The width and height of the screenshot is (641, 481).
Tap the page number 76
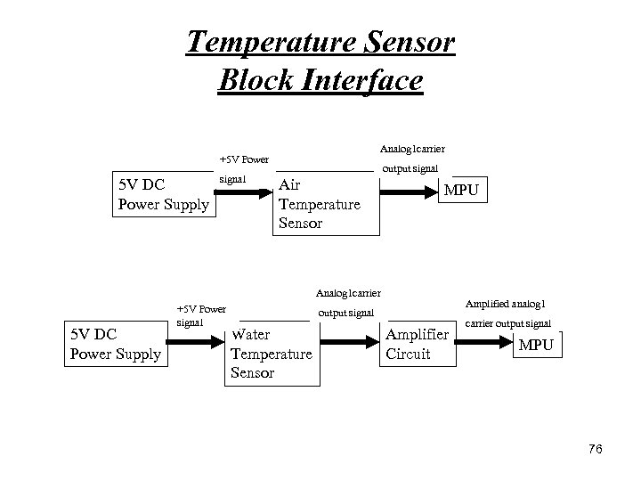point(595,450)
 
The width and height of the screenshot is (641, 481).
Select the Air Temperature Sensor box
point(320,204)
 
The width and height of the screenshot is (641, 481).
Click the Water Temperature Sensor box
point(271,354)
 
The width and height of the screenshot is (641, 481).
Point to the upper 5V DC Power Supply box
point(164,195)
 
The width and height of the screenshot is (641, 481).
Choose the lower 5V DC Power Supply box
point(116,345)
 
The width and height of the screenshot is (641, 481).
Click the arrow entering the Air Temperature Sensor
point(244,191)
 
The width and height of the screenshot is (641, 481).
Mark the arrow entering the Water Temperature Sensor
point(201,339)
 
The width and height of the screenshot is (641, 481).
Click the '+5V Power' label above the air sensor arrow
point(244,160)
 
